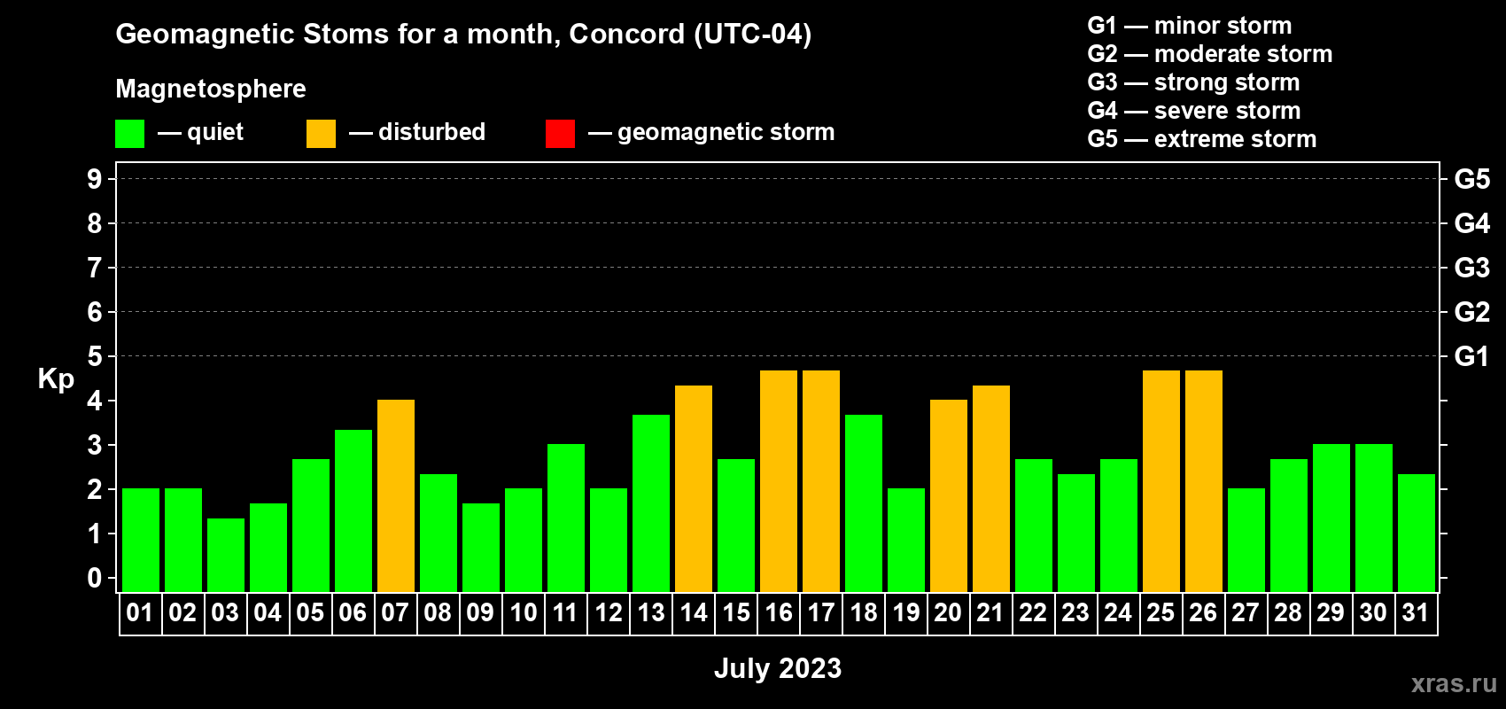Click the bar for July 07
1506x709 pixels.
tap(396, 495)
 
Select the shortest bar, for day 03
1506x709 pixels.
tap(226, 555)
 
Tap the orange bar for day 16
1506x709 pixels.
tap(779, 481)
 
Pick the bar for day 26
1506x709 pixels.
tap(1203, 481)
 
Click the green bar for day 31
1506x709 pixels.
tap(1416, 533)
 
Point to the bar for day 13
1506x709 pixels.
tap(651, 503)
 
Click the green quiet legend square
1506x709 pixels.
tap(129, 133)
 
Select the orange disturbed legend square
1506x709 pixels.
tap(321, 133)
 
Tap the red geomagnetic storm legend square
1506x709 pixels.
tap(560, 133)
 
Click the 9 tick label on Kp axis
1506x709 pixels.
tap(94, 179)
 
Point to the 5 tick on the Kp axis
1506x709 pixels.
tap(94, 356)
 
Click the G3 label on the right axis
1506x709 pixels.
tap(1472, 268)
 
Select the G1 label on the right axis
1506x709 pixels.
tap(1471, 356)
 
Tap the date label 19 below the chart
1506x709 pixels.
tap(905, 612)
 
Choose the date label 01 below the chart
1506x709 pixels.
tap(140, 612)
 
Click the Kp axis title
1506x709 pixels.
tap(56, 379)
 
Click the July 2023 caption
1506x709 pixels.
tap(778, 668)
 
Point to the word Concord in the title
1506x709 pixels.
tap(626, 34)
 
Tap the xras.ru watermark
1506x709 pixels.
tap(1454, 683)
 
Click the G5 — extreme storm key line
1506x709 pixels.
tap(1202, 139)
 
